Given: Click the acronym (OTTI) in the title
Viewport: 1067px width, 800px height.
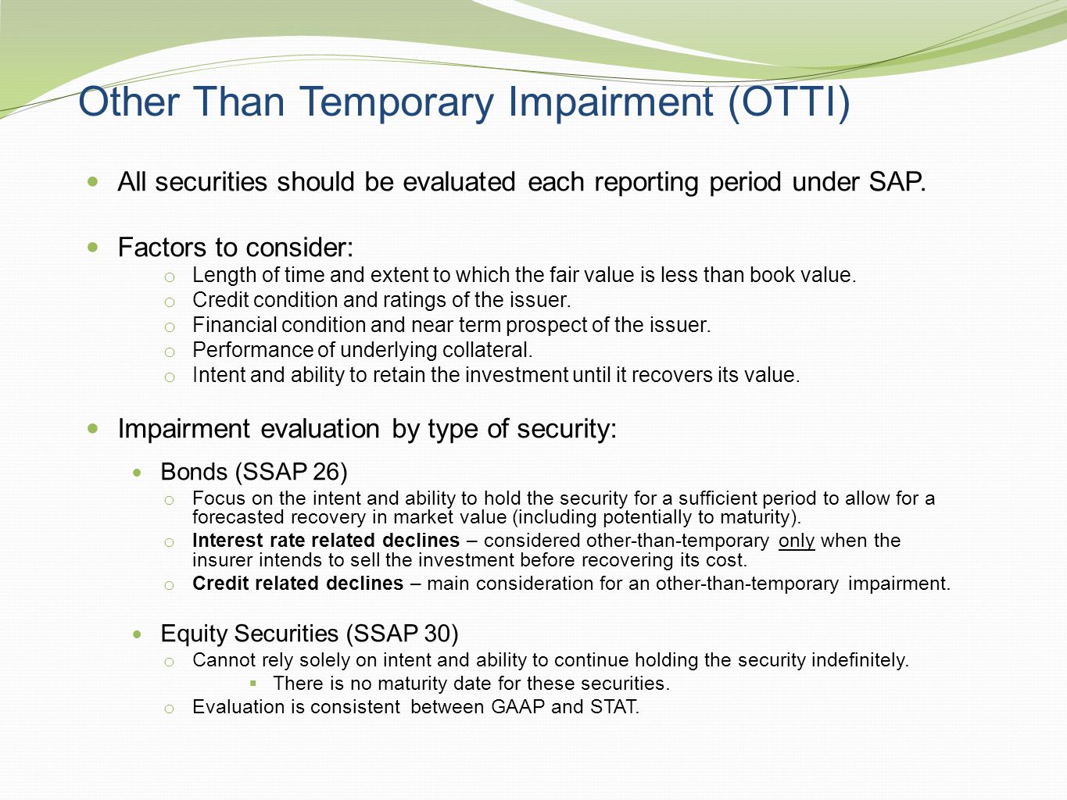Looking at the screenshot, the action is pyautogui.click(x=789, y=102).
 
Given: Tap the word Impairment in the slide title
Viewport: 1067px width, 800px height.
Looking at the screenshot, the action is pyautogui.click(x=610, y=102).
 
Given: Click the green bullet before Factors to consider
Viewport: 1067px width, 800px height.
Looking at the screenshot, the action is pyautogui.click(x=92, y=247).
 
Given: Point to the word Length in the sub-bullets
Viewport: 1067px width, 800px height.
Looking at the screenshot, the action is pyautogui.click(x=224, y=275).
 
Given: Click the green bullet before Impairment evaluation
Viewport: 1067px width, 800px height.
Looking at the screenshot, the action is pyautogui.click(x=92, y=428).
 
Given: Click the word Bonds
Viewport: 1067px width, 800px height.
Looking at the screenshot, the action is pyautogui.click(x=194, y=472).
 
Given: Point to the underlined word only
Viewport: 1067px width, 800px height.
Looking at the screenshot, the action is pyautogui.click(x=797, y=541).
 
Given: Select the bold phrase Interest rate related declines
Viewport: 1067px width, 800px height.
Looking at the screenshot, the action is pyautogui.click(x=326, y=540).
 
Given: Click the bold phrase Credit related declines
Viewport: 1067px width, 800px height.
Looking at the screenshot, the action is pyautogui.click(x=298, y=583).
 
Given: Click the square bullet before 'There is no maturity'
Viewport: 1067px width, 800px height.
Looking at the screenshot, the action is pyautogui.click(x=252, y=684).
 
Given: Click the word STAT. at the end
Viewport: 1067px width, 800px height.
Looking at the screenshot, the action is pyautogui.click(x=614, y=707).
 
